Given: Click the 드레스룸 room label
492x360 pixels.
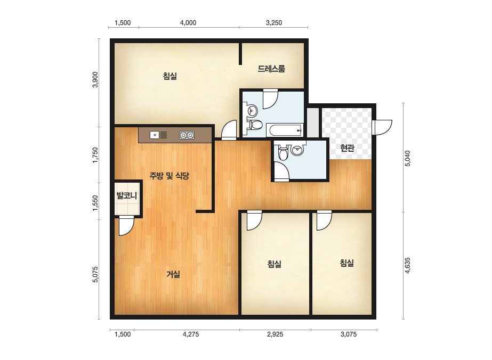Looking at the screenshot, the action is pyautogui.click(x=271, y=69).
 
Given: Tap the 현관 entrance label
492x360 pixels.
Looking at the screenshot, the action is pyautogui.click(x=347, y=148).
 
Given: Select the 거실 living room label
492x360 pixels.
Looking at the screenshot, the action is pyautogui.click(x=173, y=274).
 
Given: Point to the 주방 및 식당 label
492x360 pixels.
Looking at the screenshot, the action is pyautogui.click(x=169, y=176).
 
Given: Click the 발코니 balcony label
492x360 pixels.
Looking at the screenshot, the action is pyautogui.click(x=127, y=196).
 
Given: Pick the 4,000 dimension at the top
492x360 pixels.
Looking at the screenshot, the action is pyautogui.click(x=188, y=22).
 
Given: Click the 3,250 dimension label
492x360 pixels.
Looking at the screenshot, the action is pyautogui.click(x=274, y=22).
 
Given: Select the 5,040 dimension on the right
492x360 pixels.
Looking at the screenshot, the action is pyautogui.click(x=407, y=158).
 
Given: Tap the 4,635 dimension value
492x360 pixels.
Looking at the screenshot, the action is pyautogui.click(x=407, y=266).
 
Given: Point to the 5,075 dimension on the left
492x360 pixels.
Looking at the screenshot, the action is pyautogui.click(x=95, y=275).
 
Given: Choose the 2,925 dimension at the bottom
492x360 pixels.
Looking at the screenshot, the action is pyautogui.click(x=275, y=334).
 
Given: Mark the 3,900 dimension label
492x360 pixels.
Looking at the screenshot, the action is pyautogui.click(x=95, y=80).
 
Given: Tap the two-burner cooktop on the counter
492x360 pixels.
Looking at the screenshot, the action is pyautogui.click(x=187, y=135).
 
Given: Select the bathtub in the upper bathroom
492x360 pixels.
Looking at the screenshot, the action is pyautogui.click(x=285, y=130).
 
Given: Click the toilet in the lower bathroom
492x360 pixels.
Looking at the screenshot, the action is pyautogui.click(x=283, y=153).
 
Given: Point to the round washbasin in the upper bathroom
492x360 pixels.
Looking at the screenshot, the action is pyautogui.click(x=252, y=110).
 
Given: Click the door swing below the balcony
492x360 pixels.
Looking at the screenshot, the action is pyautogui.click(x=126, y=225).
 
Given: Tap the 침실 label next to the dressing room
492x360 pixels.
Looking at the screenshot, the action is pyautogui.click(x=170, y=76).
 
